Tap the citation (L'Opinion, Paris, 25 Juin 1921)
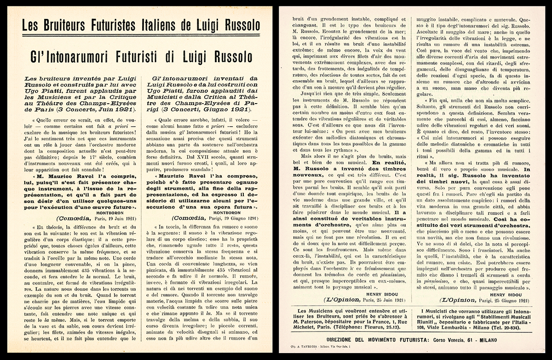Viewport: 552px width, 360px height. (351, 299)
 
